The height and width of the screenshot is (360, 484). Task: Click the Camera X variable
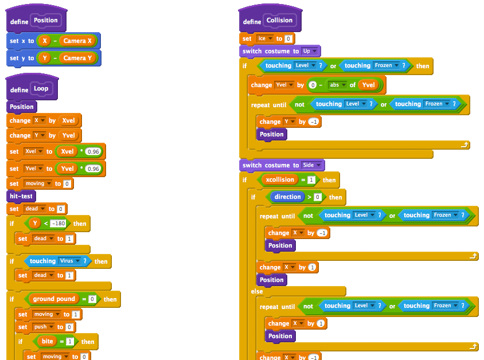coord(77,41)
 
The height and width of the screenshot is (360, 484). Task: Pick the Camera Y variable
coord(77,58)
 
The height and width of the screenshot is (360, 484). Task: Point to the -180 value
coord(59,224)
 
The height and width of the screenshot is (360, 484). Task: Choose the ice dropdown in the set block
coord(264,38)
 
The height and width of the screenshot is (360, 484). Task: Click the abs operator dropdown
coord(338,85)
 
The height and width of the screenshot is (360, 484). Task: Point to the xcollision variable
coord(280,179)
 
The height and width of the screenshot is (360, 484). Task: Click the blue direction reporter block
coord(287,197)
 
